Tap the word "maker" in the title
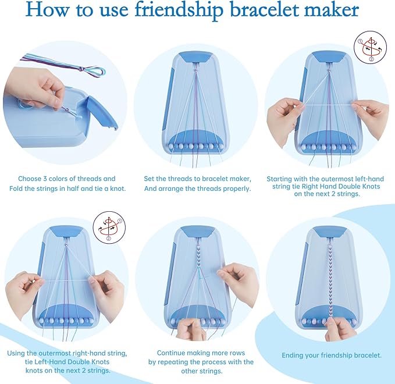(328, 10)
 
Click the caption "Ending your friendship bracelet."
(332, 355)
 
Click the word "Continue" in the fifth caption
(173, 353)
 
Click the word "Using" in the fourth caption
(19, 353)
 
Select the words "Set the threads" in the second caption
(169, 179)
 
